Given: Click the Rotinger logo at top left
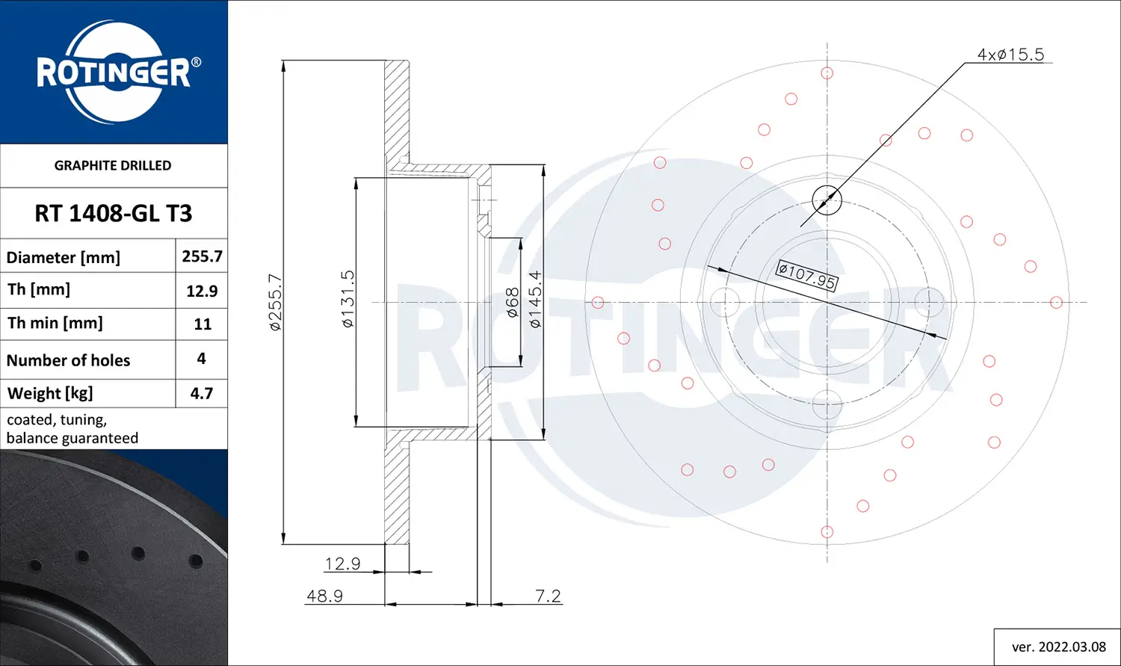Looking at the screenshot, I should point(114,72).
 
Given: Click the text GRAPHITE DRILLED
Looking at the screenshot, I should point(113,165).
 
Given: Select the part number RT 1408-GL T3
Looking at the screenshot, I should point(114,214).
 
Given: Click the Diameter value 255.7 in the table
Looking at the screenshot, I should point(202,256).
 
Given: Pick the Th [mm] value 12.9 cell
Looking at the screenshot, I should point(202,291).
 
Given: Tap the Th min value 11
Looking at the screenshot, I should point(202,324).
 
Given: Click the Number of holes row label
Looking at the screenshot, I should point(68,360).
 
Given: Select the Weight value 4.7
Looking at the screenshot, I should point(202,393).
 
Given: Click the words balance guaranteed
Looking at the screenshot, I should point(72,438).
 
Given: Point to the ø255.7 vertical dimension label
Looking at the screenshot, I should point(275,302).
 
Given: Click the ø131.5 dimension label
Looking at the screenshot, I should point(348,299).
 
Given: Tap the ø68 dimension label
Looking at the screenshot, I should point(513,303).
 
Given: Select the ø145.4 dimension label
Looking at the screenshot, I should point(535,299).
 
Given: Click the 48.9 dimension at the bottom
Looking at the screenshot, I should point(324,596).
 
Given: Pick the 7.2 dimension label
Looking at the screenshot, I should point(548,596).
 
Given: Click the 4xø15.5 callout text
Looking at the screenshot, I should point(1010,55).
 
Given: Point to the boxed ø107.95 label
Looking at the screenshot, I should point(807,275).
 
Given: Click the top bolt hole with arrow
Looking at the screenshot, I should point(827,200).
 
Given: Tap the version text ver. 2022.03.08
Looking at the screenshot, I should point(1058,647).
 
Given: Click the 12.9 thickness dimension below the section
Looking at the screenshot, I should point(342,564).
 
